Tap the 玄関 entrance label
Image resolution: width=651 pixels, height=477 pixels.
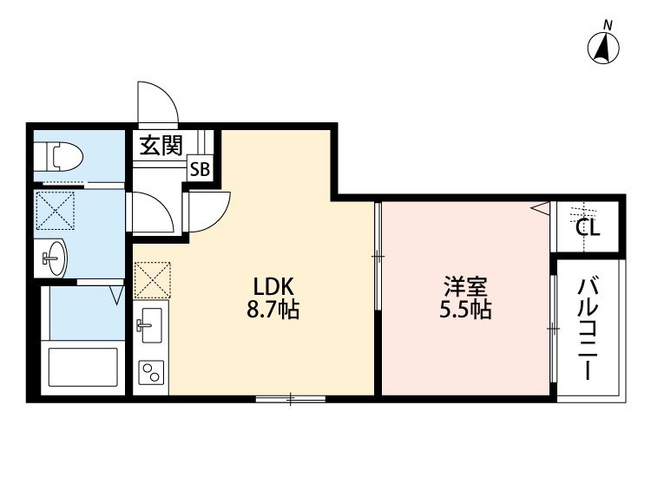click(161, 145)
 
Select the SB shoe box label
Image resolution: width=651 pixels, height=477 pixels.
click(201, 169)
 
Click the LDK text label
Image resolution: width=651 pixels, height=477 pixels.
click(273, 286)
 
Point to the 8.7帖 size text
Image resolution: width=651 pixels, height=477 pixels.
click(273, 309)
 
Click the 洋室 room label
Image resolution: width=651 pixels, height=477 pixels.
click(465, 286)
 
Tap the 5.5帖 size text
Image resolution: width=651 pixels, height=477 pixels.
click(465, 309)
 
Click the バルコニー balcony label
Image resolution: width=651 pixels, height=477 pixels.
click(588, 330)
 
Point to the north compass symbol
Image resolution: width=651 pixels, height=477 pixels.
click(603, 48)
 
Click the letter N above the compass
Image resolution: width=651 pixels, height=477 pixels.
click(608, 26)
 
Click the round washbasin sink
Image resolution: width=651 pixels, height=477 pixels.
click(55, 258)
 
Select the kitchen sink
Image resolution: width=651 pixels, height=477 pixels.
click(151, 325)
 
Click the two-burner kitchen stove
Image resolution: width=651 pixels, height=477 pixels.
click(151, 372)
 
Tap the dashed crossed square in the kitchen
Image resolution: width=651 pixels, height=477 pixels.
click(153, 280)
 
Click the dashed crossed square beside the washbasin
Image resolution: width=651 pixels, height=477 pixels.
click(56, 210)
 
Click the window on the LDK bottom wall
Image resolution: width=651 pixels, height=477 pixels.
click(290, 399)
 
